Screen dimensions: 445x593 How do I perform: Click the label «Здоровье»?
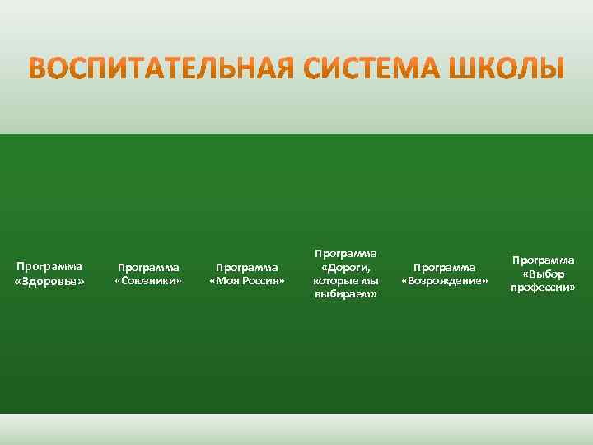pyautogui.click(x=49, y=282)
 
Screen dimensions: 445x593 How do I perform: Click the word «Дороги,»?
pyautogui.click(x=346, y=268)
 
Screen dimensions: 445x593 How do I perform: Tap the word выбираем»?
pyautogui.click(x=346, y=295)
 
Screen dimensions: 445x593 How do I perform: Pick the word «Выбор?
pyautogui.click(x=544, y=274)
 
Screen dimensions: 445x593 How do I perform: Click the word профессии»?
pyautogui.click(x=544, y=288)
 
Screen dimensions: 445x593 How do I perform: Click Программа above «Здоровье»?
pyautogui.click(x=49, y=267)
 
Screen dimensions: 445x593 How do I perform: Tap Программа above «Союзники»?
pyautogui.click(x=148, y=268)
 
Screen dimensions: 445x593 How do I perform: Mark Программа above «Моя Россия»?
pyautogui.click(x=247, y=268)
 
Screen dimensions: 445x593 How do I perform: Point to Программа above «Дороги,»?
pyautogui.click(x=346, y=254)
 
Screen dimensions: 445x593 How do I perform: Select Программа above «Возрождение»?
pyautogui.click(x=445, y=268)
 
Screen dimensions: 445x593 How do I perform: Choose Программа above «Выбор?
pyautogui.click(x=544, y=260)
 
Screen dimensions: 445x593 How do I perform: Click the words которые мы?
pyautogui.click(x=346, y=281)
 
